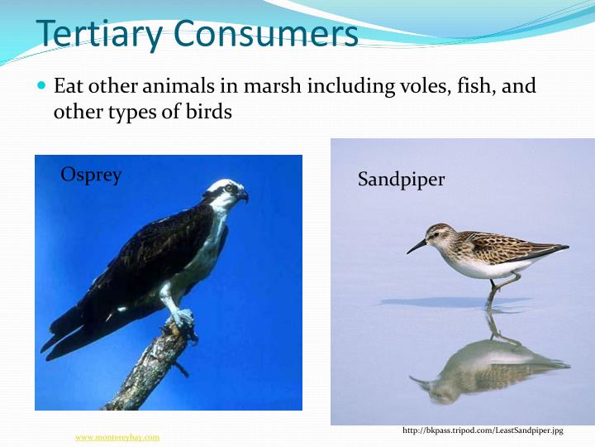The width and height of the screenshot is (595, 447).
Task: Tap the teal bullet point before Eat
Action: [44, 86]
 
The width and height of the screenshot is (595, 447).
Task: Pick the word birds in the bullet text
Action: [208, 111]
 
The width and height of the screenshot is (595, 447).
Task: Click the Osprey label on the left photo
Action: [91, 175]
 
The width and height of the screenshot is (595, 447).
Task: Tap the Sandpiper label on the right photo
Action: [401, 179]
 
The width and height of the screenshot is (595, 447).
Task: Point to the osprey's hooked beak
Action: [243, 196]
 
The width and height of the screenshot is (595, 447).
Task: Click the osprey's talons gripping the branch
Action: [182, 320]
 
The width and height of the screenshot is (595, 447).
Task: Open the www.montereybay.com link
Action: [117, 437]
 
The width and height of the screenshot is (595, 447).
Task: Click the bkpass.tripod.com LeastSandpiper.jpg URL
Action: [483, 431]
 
